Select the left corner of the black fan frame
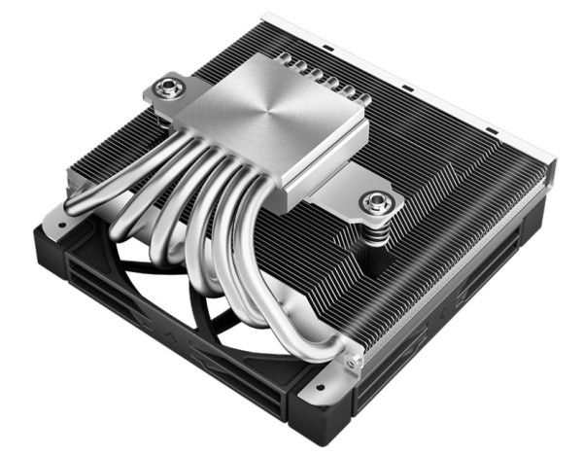coord(44,233)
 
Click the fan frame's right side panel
coord(447,350)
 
